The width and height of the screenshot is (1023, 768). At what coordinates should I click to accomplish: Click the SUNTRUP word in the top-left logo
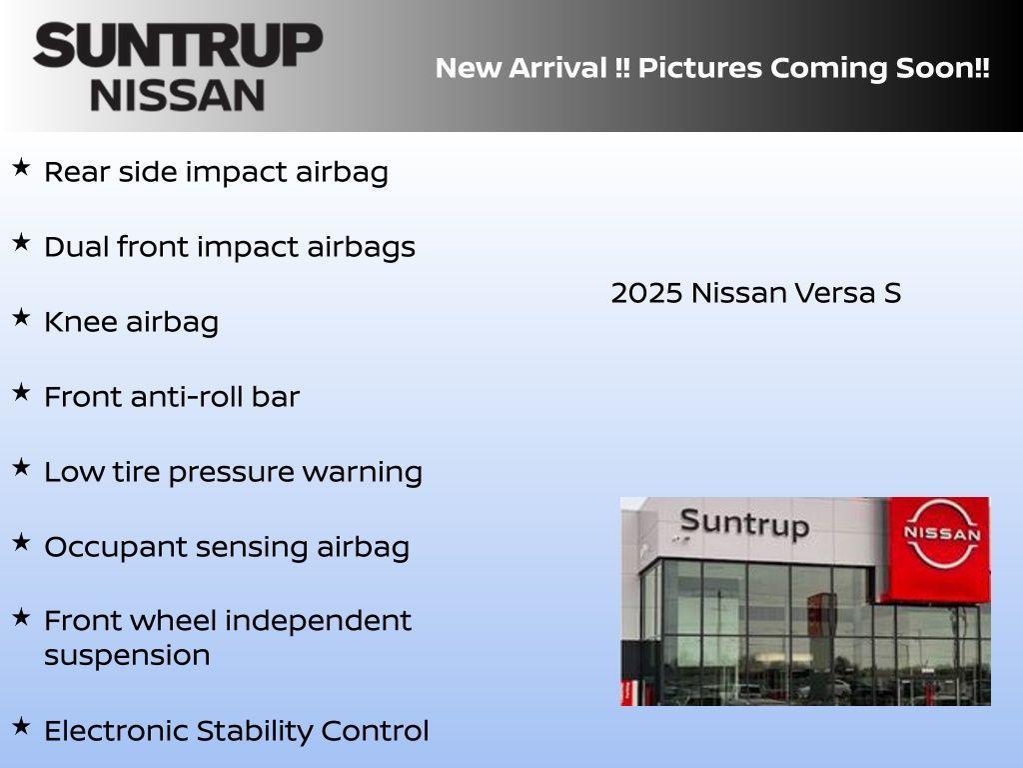tap(178, 46)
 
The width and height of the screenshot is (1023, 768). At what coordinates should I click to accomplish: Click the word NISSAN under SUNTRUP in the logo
tap(178, 95)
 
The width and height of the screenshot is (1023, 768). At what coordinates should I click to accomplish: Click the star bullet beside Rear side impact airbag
tap(21, 167)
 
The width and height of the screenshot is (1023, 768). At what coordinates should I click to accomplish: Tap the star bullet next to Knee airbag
tap(21, 317)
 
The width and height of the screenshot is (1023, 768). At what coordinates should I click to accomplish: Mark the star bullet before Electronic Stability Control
tap(21, 726)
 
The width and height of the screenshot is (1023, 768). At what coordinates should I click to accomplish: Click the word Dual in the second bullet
tap(76, 247)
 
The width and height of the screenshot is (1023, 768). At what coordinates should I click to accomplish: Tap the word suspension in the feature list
tap(127, 656)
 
